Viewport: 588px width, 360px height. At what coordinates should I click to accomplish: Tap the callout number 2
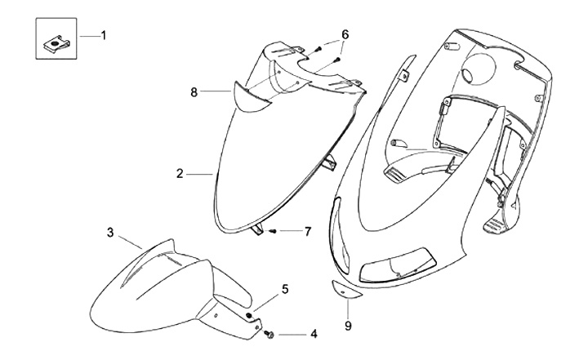(x=178, y=173)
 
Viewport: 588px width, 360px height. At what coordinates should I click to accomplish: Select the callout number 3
(x=110, y=232)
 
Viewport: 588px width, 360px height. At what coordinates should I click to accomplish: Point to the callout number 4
(x=314, y=334)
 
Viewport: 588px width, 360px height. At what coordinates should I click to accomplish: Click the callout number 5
(x=285, y=288)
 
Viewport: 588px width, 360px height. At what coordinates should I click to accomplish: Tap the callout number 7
(x=308, y=232)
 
